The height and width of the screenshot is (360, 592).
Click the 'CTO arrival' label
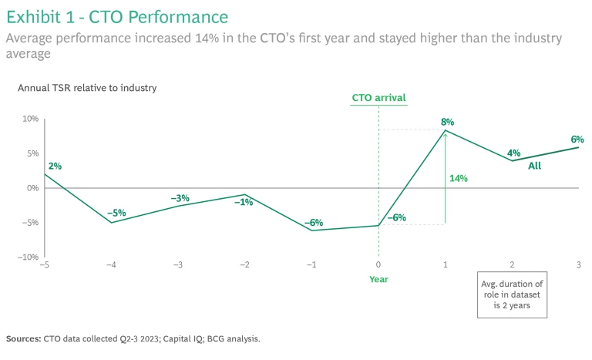[378, 98]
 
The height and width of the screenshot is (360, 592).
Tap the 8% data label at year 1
[448, 122]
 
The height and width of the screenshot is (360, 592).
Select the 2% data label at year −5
[54, 166]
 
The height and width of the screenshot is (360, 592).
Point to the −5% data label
[116, 213]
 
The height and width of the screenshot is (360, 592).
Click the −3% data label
[180, 198]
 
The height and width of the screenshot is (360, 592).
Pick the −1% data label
[244, 202]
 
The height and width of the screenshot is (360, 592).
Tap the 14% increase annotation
[459, 178]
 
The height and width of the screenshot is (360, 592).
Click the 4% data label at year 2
[514, 153]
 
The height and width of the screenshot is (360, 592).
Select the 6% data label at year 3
[577, 140]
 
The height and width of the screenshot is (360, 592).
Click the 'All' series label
[534, 166]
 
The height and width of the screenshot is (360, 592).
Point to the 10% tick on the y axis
[29, 119]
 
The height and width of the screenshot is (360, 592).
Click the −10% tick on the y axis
[28, 257]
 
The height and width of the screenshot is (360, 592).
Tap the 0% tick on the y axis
[32, 188]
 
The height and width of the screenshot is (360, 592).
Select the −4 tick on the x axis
[111, 265]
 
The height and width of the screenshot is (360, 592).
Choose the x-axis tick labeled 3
[578, 265]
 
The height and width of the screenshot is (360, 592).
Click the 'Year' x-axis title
[378, 279]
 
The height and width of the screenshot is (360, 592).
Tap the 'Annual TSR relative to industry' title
[87, 88]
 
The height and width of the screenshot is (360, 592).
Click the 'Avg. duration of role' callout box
[512, 294]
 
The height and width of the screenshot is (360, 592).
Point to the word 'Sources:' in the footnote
[24, 338]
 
